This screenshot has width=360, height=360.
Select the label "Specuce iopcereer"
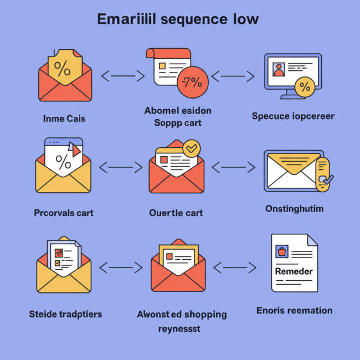point(293,116)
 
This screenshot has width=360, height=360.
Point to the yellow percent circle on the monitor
point(304,86)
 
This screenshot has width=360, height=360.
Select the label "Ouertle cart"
point(176,213)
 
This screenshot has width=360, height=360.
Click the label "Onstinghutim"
point(294,208)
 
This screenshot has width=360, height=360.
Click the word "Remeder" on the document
point(294,271)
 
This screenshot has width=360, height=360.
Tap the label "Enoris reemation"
point(295,310)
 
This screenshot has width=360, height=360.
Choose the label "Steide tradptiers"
point(65,315)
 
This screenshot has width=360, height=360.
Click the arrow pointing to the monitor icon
point(233,75)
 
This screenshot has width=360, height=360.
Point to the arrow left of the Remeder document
point(235,268)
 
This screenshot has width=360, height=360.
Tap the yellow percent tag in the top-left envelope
point(65,69)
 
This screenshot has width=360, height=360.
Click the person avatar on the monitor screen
point(279,70)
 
